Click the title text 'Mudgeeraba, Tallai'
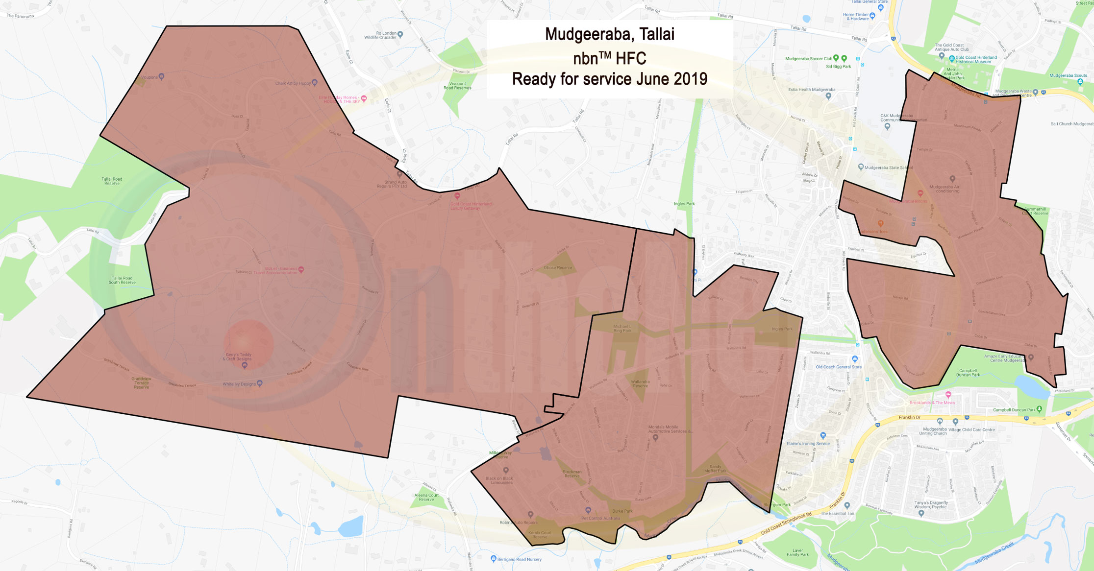tap(609, 34)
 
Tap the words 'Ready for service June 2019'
tap(609, 79)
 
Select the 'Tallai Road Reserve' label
tap(112, 181)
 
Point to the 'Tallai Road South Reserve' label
tap(122, 280)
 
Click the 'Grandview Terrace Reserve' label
tap(141, 382)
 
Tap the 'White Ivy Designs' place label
tap(239, 384)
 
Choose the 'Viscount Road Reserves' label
tap(457, 86)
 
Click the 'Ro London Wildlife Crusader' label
tap(380, 35)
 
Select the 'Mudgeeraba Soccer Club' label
tap(809, 59)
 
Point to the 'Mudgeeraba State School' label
tap(888, 167)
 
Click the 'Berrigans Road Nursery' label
tap(520, 559)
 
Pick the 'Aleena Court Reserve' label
tap(426, 497)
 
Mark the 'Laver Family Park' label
tap(797, 552)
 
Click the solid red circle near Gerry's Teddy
tap(248, 344)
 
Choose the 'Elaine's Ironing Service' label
tap(808, 444)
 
